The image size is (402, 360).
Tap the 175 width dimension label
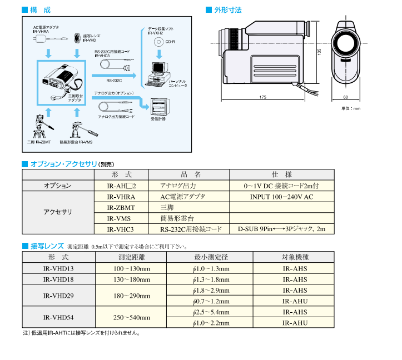[262, 97]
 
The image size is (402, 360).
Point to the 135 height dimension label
[319, 51]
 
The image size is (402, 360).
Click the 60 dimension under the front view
[345, 97]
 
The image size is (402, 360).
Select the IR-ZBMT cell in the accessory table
[121, 207]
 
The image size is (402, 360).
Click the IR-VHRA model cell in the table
[121, 197]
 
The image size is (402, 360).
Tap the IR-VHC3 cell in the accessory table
[121, 228]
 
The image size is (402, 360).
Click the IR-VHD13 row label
[58, 268]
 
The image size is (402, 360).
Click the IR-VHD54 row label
[58, 317]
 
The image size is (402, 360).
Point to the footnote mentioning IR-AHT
[81, 333]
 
